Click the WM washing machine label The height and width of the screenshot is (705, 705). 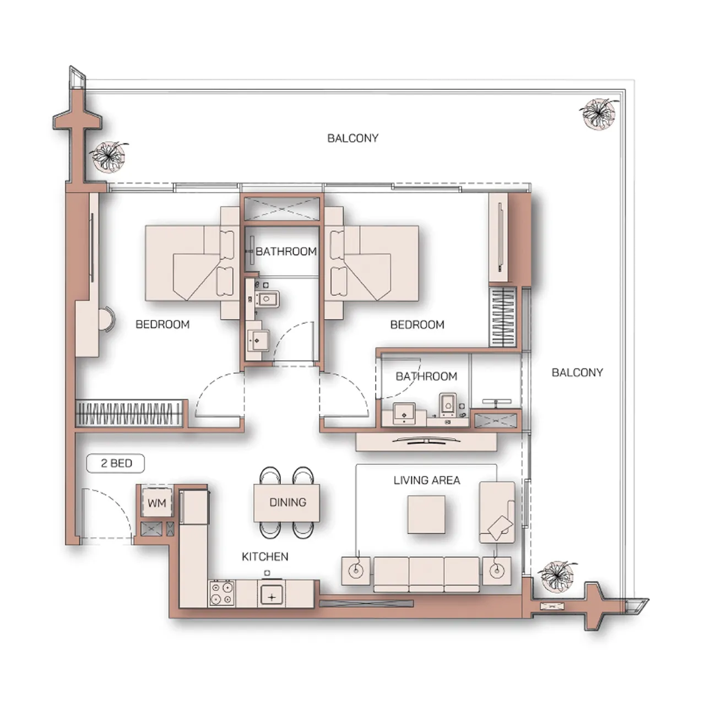tap(157, 503)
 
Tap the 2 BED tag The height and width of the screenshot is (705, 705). tap(116, 463)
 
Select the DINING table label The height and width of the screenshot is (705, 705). tap(287, 502)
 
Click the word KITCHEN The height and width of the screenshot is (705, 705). tap(265, 557)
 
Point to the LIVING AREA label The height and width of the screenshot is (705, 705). tap(426, 480)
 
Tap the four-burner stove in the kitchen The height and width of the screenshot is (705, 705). tap(222, 594)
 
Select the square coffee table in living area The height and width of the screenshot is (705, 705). tap(426, 514)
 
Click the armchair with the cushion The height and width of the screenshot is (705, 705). tap(497, 513)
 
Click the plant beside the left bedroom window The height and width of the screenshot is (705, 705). tap(109, 156)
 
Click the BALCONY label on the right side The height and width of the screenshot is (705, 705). tap(577, 372)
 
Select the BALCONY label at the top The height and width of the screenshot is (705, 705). tap(352, 138)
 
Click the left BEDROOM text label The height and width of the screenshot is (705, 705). tap(162, 324)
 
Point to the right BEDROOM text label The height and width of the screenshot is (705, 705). tap(417, 324)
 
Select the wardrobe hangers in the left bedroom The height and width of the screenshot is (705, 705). tap(129, 413)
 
